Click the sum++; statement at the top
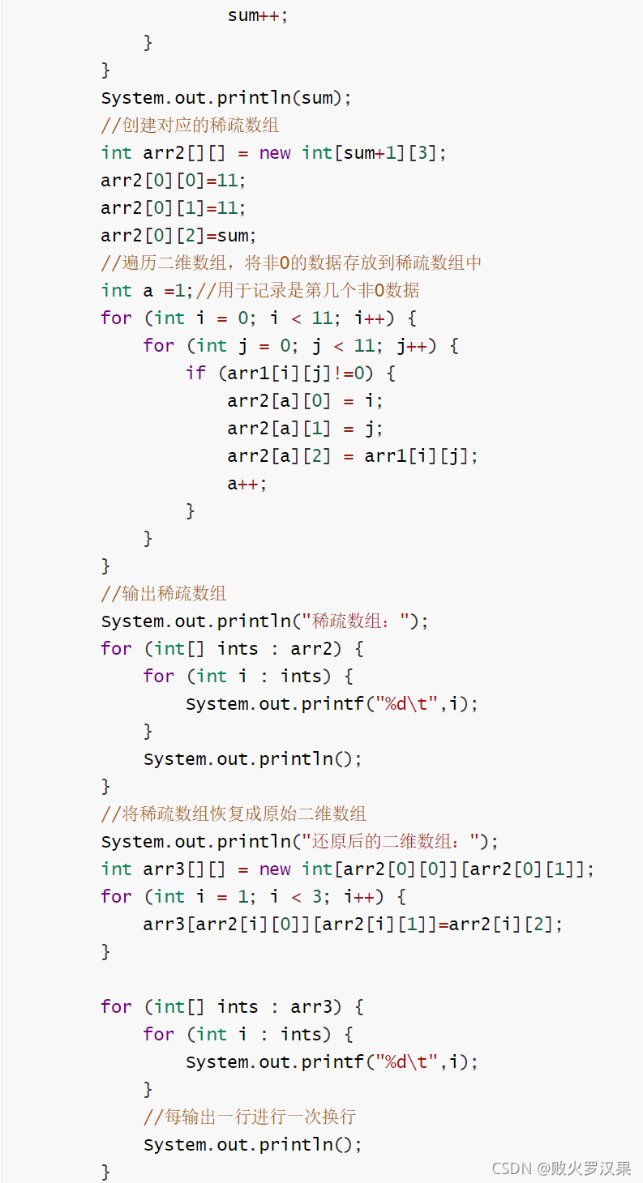pyautogui.click(x=257, y=15)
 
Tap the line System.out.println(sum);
pyautogui.click(x=226, y=98)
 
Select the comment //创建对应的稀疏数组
pyautogui.click(x=190, y=126)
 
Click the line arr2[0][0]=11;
pyautogui.click(x=174, y=180)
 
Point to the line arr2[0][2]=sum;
pyautogui.click(x=178, y=235)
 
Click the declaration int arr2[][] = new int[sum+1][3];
pyautogui.click(x=273, y=152)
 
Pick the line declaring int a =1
pyautogui.click(x=259, y=290)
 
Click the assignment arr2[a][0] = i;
pyautogui.click(x=305, y=400)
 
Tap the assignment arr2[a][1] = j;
pyautogui.click(x=305, y=428)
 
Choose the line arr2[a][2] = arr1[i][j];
pyautogui.click(x=353, y=455)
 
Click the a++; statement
pyautogui.click(x=246, y=483)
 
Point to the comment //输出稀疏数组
pyautogui.click(x=164, y=593)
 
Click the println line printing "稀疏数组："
pyautogui.click(x=264, y=621)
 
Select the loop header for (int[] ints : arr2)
pyautogui.click(x=233, y=648)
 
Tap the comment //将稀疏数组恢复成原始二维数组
pyautogui.click(x=234, y=814)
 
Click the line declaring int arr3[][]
pyautogui.click(x=348, y=869)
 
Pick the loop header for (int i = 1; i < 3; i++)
pyautogui.click(x=253, y=896)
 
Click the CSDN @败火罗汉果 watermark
pyautogui.click(x=561, y=1168)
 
